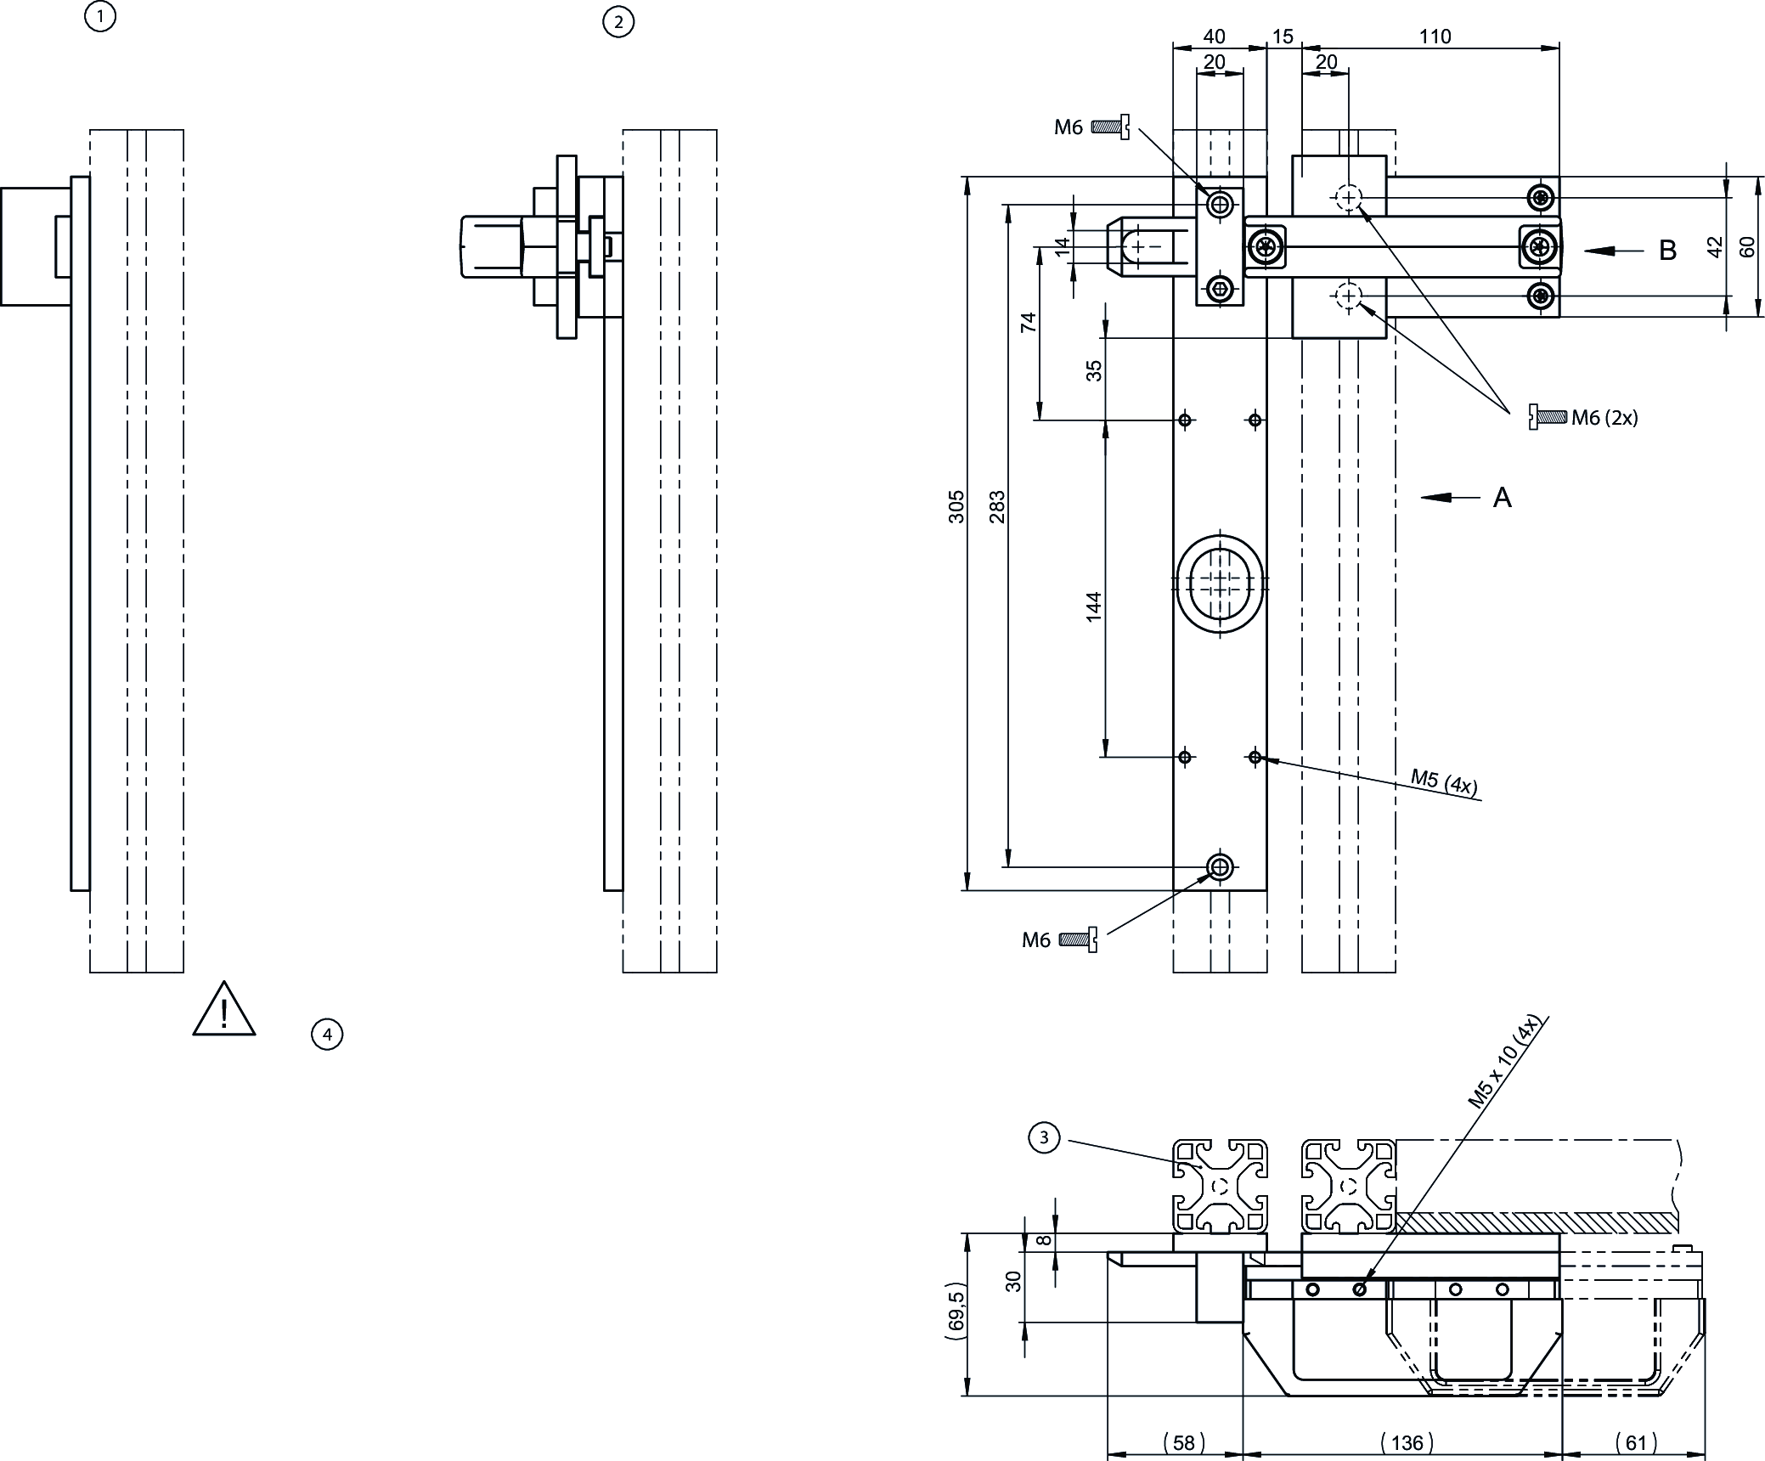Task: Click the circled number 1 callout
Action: tap(100, 16)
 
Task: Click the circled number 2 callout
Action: tap(617, 22)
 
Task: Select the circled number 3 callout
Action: tap(1044, 1138)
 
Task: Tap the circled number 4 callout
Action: tap(327, 1035)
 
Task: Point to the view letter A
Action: tap(1502, 498)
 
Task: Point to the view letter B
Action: tap(1667, 251)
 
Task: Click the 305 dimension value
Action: tap(956, 506)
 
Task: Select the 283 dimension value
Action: tap(997, 506)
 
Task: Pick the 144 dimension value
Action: tap(1094, 606)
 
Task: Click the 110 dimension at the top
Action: tap(1435, 37)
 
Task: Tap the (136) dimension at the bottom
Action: tap(1407, 1442)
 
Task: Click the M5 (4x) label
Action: tap(1444, 781)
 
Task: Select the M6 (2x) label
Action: tap(1604, 417)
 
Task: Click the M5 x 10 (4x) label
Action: tap(1503, 1063)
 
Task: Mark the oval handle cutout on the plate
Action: tap(1220, 583)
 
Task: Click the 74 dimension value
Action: tap(1029, 322)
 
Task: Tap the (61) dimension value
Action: tap(1636, 1442)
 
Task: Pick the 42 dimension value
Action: tap(1715, 247)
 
